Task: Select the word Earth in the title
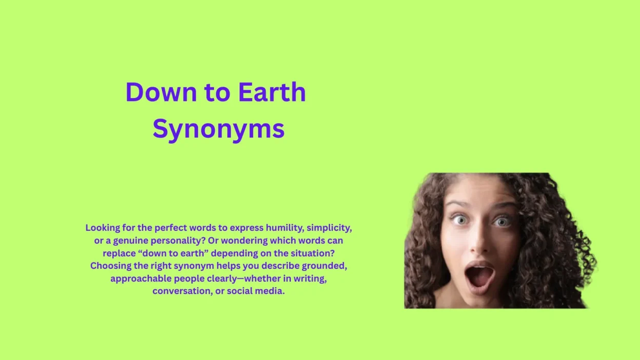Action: (272, 92)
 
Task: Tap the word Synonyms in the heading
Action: (218, 128)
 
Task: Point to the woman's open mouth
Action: (480, 275)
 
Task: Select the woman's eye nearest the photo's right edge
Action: (501, 222)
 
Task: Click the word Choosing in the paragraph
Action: (111, 266)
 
